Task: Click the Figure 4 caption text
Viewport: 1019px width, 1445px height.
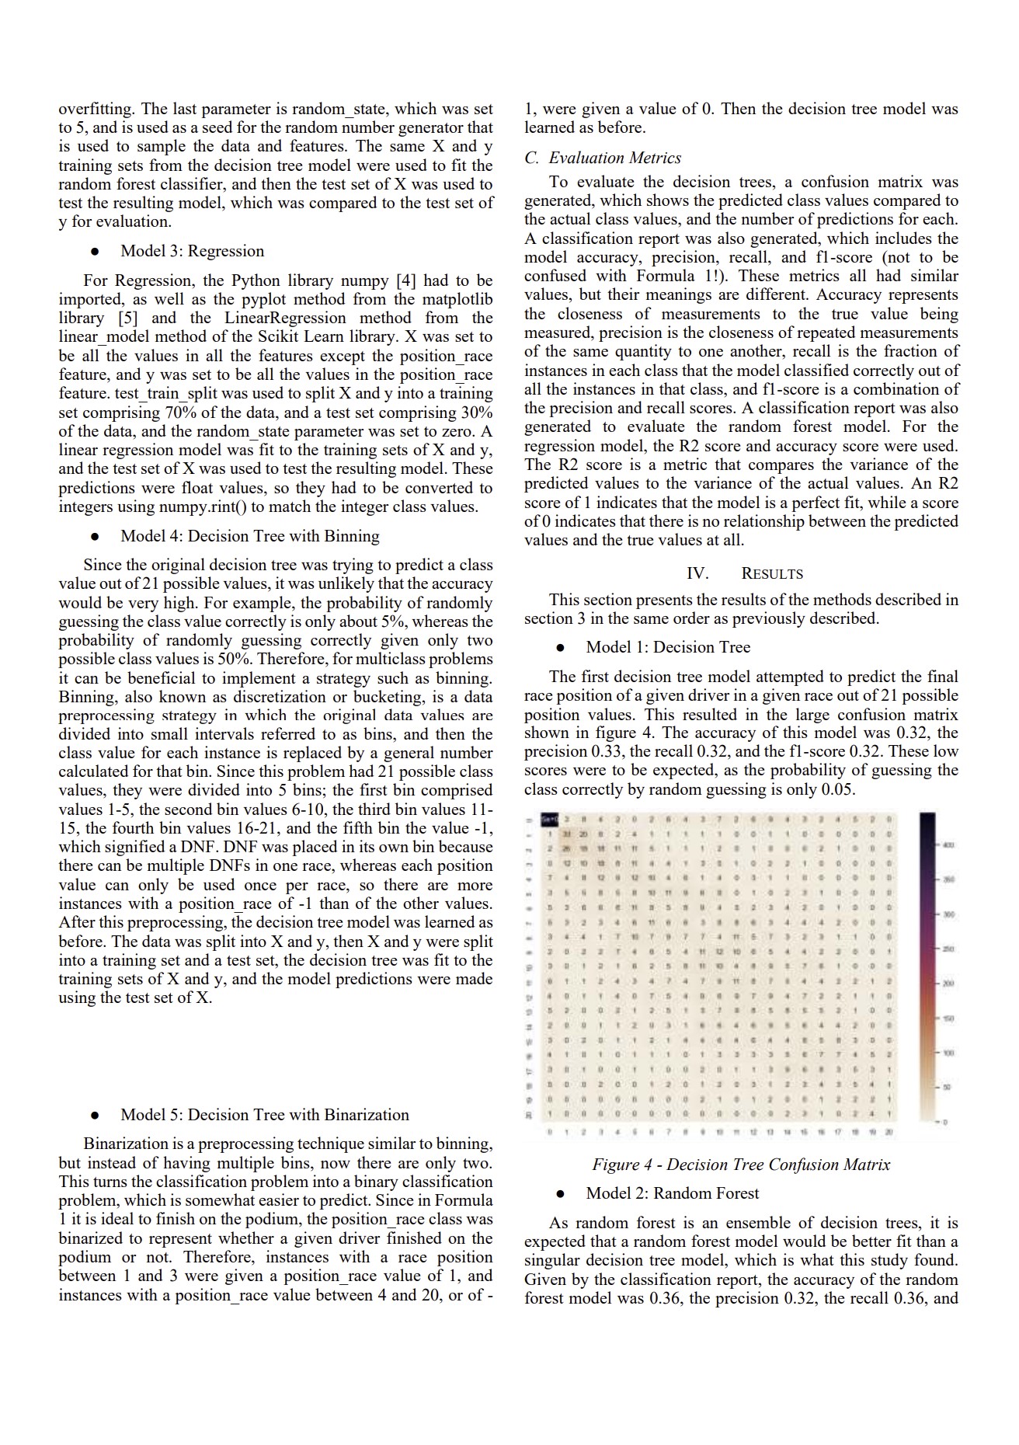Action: pos(741,1165)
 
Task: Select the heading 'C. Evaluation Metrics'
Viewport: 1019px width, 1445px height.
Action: pos(603,158)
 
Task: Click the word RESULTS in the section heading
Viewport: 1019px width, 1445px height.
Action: pos(772,574)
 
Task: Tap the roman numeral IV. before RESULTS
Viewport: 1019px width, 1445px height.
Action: pos(697,574)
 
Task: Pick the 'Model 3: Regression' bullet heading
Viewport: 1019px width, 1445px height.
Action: pos(192,251)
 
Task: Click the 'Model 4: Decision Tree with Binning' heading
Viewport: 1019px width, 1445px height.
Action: pos(249,536)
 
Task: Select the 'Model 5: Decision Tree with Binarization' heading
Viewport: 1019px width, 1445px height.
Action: pos(264,1115)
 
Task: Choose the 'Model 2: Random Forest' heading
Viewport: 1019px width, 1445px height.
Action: pos(673,1193)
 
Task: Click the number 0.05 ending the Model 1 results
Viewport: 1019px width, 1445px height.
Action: pos(837,789)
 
